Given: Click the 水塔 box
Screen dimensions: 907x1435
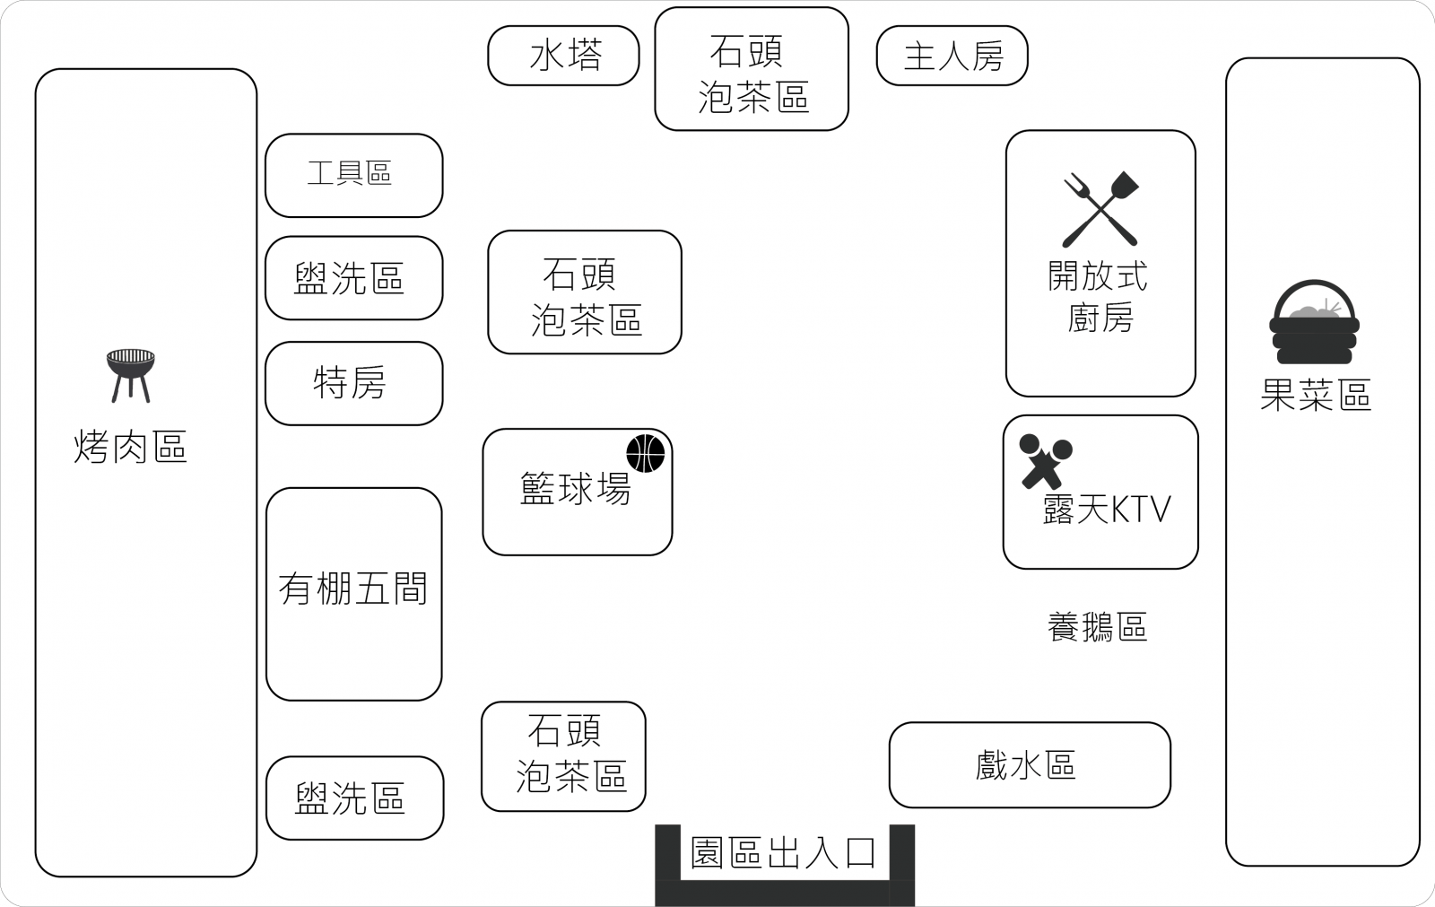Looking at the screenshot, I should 563,56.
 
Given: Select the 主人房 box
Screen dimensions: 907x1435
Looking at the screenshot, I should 952,56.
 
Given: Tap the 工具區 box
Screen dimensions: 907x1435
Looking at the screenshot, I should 353,175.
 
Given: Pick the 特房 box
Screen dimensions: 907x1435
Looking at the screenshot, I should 353,383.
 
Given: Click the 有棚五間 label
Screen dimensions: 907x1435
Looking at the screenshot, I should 353,589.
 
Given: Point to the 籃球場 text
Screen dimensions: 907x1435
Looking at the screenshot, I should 575,490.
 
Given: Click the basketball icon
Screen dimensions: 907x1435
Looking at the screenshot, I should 645,453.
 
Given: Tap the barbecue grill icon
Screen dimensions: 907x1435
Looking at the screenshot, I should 131,374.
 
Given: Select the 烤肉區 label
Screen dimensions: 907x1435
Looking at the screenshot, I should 131,446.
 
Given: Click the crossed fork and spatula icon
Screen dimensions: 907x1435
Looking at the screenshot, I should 1100,209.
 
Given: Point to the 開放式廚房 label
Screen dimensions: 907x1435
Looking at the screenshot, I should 1099,297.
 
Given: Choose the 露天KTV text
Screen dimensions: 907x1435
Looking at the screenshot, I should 1107,510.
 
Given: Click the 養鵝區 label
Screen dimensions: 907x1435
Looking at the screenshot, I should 1097,627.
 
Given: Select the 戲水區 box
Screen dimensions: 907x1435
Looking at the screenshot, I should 1029,765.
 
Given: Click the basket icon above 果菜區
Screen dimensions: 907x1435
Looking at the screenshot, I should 1314,322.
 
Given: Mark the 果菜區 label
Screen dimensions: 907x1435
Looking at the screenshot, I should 1315,395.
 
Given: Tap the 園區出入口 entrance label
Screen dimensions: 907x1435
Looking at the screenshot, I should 783,852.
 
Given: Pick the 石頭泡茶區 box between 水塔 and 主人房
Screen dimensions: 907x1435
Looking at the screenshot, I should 752,70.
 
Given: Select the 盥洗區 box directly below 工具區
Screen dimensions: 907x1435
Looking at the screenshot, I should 353,278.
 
